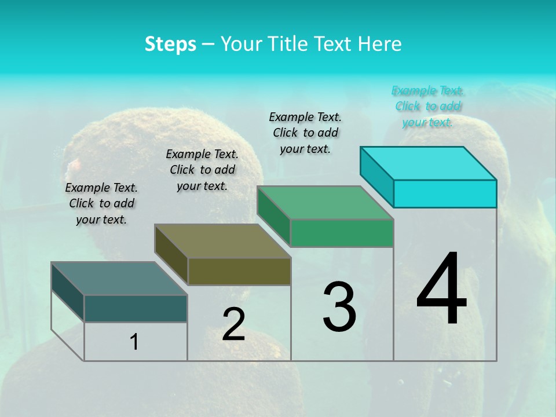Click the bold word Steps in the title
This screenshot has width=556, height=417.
170,44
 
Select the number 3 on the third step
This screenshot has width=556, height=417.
339,307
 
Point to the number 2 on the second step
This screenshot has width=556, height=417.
233,324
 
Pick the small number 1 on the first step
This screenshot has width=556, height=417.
134,342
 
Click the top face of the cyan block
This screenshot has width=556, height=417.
429,163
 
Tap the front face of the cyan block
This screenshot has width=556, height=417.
445,193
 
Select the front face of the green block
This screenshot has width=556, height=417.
342,233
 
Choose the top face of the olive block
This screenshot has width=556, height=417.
222,241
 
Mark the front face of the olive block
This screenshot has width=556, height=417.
239,271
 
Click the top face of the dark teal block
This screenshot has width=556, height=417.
119,279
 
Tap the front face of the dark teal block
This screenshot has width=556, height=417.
136,308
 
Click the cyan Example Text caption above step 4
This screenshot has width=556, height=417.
428,106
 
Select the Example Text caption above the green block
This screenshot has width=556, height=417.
305,133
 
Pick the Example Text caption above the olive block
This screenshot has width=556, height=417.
202,170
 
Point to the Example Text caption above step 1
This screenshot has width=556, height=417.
101,203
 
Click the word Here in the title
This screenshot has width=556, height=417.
379,44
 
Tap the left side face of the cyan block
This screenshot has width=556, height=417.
376,177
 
